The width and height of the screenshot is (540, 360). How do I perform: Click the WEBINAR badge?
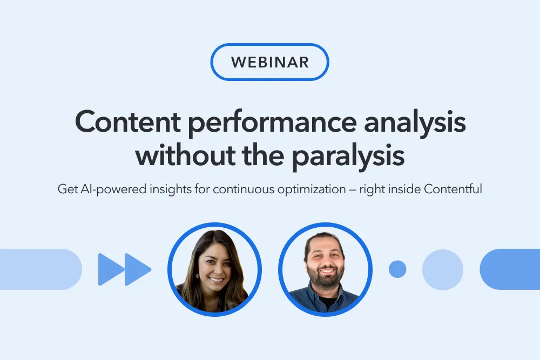point(269,62)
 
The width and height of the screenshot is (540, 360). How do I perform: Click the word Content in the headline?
point(128,122)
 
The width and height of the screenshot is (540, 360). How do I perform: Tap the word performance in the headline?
point(272,125)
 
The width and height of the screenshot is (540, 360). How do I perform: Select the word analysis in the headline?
point(415,125)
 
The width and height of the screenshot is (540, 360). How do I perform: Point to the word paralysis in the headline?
point(348,157)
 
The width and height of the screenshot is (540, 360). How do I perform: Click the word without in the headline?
point(185,154)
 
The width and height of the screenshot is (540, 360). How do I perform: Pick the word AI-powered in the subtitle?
point(113,189)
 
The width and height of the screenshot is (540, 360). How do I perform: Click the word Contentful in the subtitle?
point(453,189)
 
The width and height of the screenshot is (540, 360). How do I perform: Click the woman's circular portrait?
point(214,269)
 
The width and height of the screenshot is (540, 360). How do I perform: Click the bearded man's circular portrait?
point(326,269)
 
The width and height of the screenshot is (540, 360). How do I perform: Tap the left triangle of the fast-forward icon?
point(111,269)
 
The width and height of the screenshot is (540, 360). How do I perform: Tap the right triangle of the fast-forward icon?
point(137,269)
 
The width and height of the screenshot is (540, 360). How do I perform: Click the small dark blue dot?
point(397,269)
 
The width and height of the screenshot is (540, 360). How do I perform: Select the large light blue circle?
point(443,269)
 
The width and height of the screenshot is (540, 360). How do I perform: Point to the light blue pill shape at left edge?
point(41,269)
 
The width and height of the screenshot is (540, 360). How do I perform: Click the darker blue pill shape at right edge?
point(510,269)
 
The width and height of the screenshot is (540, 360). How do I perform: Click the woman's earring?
point(198,276)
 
